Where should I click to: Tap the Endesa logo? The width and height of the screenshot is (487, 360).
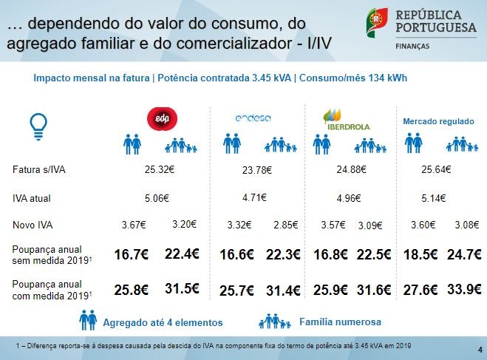(253, 118)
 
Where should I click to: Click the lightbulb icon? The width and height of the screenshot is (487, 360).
(35, 126)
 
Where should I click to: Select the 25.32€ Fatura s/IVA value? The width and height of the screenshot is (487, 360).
(160, 169)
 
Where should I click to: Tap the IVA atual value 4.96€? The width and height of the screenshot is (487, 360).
(348, 198)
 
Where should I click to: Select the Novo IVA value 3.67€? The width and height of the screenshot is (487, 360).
(134, 225)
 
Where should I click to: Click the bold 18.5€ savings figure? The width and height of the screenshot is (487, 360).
(418, 255)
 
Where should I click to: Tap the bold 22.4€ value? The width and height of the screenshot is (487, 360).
(182, 254)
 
